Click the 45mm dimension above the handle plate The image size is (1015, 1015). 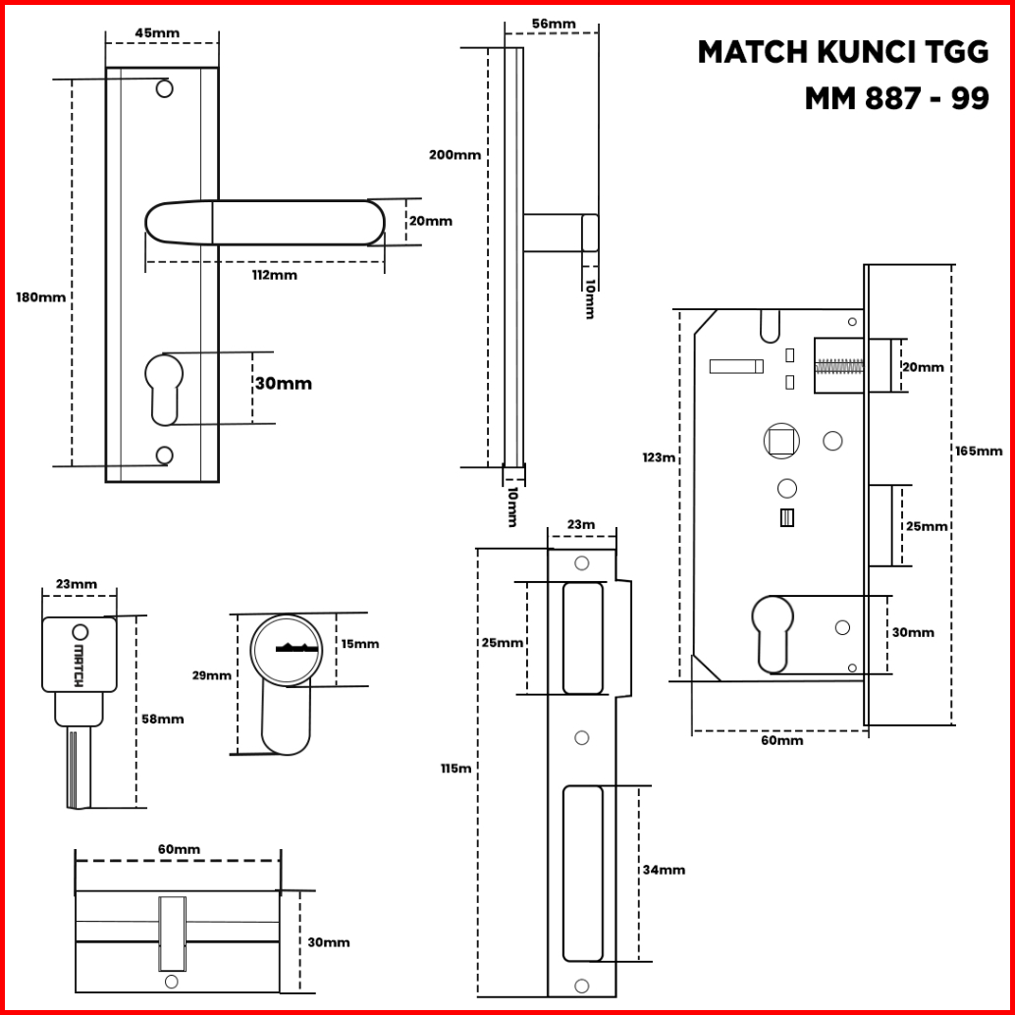pyautogui.click(x=157, y=32)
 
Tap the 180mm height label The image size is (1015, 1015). pyautogui.click(x=40, y=296)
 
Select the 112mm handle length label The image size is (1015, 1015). pyautogui.click(x=274, y=275)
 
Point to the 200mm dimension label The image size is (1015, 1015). pyautogui.click(x=454, y=154)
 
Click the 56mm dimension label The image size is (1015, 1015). pyautogui.click(x=554, y=24)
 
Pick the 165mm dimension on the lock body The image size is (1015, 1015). pyautogui.click(x=978, y=451)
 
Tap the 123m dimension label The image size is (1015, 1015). pyautogui.click(x=659, y=456)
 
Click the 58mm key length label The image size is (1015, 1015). pyautogui.click(x=162, y=719)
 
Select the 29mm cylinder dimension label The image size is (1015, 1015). pyautogui.click(x=212, y=675)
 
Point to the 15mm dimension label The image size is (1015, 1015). pyautogui.click(x=359, y=644)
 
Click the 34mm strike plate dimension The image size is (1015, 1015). pyautogui.click(x=664, y=870)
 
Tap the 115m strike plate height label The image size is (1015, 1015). pyautogui.click(x=455, y=769)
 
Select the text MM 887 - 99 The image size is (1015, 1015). pyautogui.click(x=895, y=98)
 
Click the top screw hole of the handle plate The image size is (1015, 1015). pyautogui.click(x=165, y=89)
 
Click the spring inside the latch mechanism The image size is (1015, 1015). pyautogui.click(x=840, y=366)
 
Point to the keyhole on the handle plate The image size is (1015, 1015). pyautogui.click(x=164, y=387)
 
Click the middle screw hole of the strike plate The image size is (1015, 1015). pyautogui.click(x=581, y=737)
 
